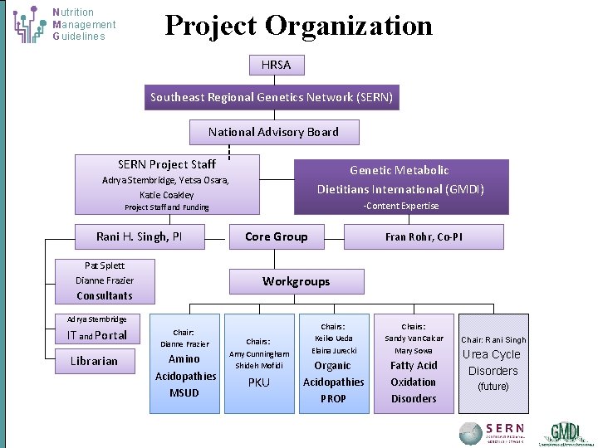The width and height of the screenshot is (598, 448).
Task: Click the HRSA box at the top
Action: tap(276, 64)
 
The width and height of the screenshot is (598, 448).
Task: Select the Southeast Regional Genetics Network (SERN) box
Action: tap(272, 98)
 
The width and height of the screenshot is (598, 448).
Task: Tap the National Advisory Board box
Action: tap(273, 132)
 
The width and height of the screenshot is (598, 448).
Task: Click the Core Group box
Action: tap(276, 236)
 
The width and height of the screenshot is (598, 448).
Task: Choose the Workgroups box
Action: tap(296, 281)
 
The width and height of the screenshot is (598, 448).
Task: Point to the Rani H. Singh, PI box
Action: tap(140, 236)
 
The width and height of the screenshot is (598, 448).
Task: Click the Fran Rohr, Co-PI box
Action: tap(424, 236)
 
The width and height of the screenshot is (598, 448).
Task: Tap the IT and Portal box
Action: tap(97, 335)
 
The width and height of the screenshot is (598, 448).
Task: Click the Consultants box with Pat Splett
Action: tap(105, 280)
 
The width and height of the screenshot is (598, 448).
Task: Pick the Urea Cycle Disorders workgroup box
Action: tap(493, 363)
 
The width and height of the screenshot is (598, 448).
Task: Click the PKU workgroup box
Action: tap(258, 363)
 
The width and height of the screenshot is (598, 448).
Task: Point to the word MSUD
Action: tap(184, 392)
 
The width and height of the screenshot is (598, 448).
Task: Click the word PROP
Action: tap(333, 398)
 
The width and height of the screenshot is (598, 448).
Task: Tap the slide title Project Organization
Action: tap(298, 26)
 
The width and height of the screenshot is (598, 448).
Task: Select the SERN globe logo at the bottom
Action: tap(471, 433)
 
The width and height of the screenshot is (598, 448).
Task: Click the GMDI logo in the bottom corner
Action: tap(565, 433)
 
